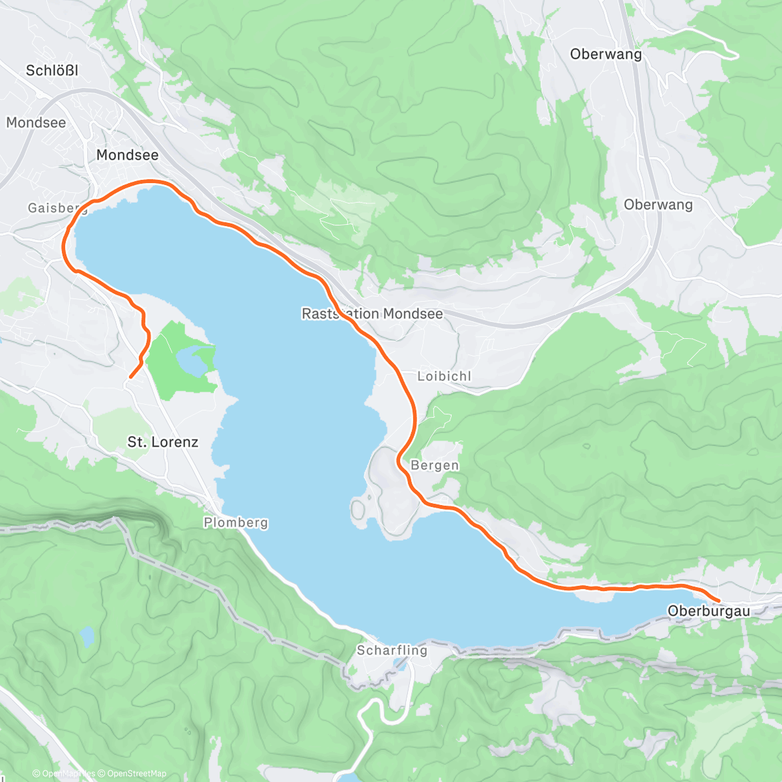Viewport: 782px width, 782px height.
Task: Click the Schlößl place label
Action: click(x=51, y=70)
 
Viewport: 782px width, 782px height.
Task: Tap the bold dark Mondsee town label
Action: click(x=127, y=155)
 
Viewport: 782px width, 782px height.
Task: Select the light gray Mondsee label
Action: click(x=36, y=123)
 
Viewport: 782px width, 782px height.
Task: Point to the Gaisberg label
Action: click(x=57, y=208)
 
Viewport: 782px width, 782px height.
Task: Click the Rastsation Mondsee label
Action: click(x=372, y=314)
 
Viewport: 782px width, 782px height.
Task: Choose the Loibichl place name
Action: click(x=444, y=376)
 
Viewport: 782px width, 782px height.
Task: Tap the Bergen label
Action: click(x=435, y=465)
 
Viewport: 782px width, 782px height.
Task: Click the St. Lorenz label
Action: click(x=162, y=442)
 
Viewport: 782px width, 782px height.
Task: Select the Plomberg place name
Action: click(x=235, y=523)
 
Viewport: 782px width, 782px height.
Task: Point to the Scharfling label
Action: click(x=392, y=650)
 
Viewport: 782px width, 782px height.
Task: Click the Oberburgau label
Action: click(x=708, y=611)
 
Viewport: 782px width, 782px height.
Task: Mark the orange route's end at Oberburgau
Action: click(x=718, y=600)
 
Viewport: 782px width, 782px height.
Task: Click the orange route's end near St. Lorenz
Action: click(x=131, y=377)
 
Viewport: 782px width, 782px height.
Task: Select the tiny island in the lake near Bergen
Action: click(x=358, y=508)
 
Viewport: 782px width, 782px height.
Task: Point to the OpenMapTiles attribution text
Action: click(x=64, y=774)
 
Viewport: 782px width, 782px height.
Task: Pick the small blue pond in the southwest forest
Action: click(x=86, y=637)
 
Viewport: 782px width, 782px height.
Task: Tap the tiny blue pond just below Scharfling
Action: click(x=399, y=667)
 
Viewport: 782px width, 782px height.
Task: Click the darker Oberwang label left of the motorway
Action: click(x=605, y=54)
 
